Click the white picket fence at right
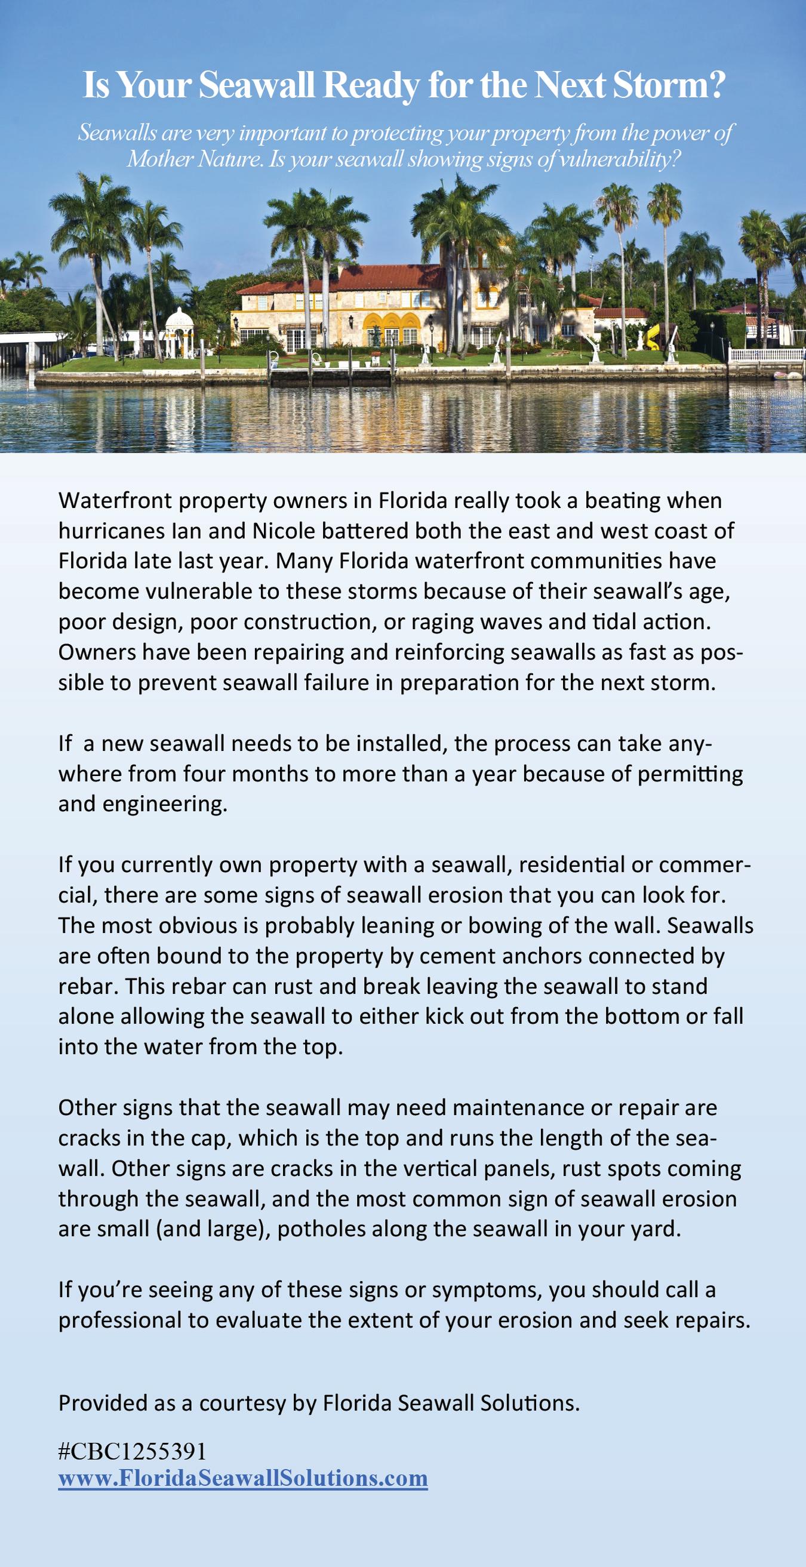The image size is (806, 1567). [767, 354]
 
